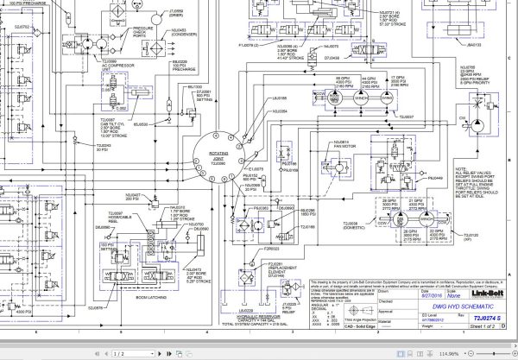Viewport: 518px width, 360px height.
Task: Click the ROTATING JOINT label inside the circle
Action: pyautogui.click(x=218, y=156)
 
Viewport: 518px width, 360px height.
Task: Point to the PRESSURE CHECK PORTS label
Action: pyautogui.click(x=142, y=33)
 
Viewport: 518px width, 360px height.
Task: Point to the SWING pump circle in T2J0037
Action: pyautogui.click(x=388, y=98)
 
